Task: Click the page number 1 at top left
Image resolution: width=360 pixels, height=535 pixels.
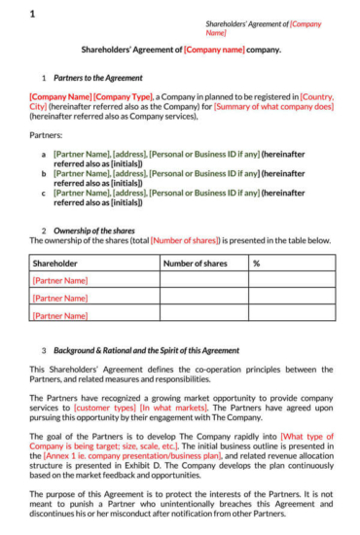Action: pyautogui.click(x=32, y=14)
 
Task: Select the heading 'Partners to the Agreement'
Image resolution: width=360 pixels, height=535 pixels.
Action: pyautogui.click(x=98, y=78)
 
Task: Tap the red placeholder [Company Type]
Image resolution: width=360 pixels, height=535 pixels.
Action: pyautogui.click(x=124, y=97)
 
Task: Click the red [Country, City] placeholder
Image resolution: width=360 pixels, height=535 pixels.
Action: pyautogui.click(x=317, y=97)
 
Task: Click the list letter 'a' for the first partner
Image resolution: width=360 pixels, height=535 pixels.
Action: pyautogui.click(x=43, y=154)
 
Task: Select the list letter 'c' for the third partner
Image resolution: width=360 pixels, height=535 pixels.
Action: pyautogui.click(x=43, y=194)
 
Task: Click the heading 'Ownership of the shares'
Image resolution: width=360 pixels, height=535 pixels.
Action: pyautogui.click(x=94, y=231)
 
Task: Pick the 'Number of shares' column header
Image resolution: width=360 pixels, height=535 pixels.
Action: pyautogui.click(x=195, y=264)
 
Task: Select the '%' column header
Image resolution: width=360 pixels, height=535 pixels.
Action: pyautogui.click(x=257, y=264)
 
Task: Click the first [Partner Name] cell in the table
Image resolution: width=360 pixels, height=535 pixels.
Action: pyautogui.click(x=60, y=280)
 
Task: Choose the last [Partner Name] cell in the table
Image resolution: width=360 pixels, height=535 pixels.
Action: pyautogui.click(x=60, y=315)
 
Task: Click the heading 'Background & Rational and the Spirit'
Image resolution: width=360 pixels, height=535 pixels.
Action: pyautogui.click(x=146, y=350)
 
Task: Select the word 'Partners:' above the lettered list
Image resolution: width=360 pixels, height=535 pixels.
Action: pyautogui.click(x=46, y=135)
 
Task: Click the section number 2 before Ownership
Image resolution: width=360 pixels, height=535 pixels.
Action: pyautogui.click(x=43, y=231)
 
